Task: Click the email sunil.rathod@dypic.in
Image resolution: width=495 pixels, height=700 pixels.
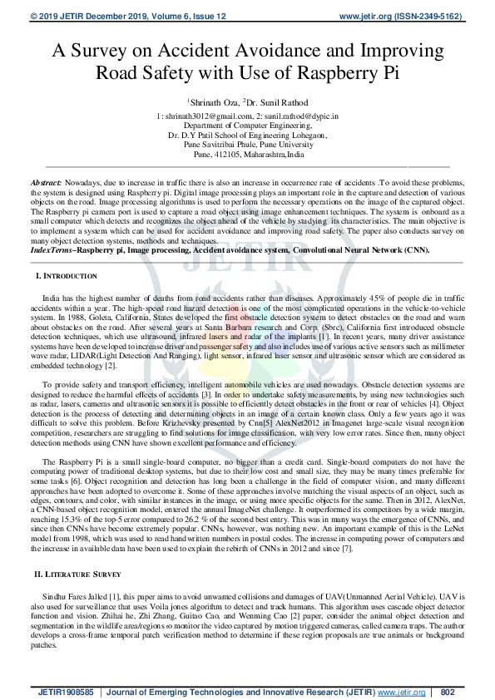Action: [x=303, y=117]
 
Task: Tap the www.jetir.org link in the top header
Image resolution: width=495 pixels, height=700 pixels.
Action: [x=371, y=16]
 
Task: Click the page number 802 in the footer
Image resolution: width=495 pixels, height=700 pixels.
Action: [x=448, y=692]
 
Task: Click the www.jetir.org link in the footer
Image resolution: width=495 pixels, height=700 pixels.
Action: [x=401, y=692]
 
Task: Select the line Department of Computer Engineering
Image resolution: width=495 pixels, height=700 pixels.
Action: [x=247, y=126]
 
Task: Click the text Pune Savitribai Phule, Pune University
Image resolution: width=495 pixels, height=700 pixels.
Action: [x=247, y=145]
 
